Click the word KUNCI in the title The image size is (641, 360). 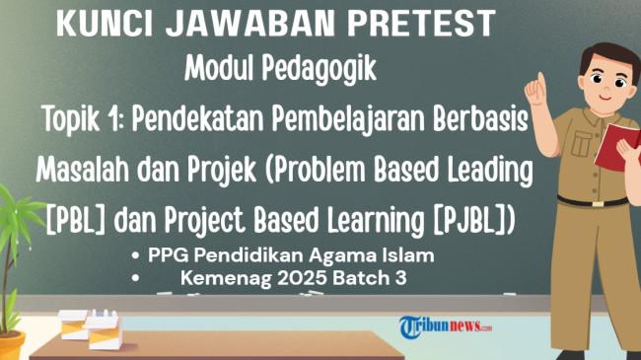pyautogui.click(x=105, y=23)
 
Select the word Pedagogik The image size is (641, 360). pyautogui.click(x=319, y=69)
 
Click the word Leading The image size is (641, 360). pyautogui.click(x=490, y=171)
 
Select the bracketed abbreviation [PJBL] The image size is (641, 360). pyautogui.click(x=465, y=221)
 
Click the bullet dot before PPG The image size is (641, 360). pyautogui.click(x=136, y=256)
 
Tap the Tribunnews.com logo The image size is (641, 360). pyautogui.click(x=446, y=326)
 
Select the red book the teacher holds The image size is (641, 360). pyautogui.click(x=617, y=147)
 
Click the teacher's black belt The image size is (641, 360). pyautogui.click(x=593, y=201)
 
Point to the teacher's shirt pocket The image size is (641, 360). pyautogui.click(x=581, y=143)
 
